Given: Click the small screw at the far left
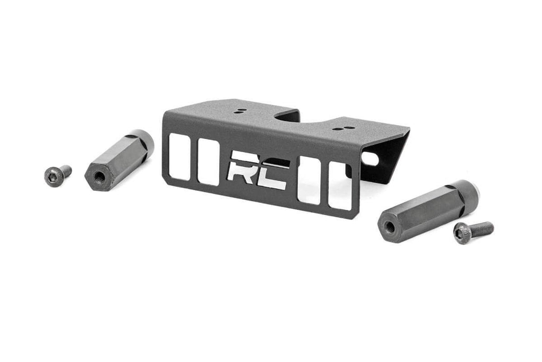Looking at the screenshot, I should pos(57,175).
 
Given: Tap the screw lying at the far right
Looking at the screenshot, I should pos(473,231).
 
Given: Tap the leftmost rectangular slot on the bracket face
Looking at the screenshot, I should pos(179,156).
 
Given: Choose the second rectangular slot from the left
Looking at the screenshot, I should pos(209,162).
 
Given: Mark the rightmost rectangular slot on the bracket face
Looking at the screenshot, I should pos(339,186).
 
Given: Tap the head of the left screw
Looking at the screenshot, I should pos(51,176).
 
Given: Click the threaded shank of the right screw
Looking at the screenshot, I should pos(481,228).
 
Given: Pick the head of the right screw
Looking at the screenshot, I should pos(462,233).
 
